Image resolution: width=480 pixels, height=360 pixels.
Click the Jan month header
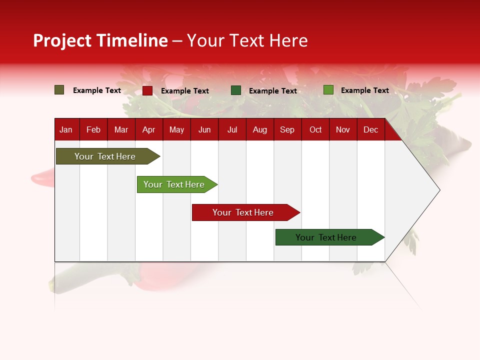66,130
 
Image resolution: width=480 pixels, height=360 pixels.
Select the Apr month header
149,130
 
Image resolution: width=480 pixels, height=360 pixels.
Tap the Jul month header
232,130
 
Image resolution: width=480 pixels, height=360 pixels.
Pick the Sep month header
287,130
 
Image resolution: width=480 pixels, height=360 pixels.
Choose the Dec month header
370,130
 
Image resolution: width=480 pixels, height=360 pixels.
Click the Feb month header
93,130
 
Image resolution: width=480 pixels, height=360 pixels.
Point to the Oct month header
315,130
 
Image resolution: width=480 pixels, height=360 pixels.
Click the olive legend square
59,90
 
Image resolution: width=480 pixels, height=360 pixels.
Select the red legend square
147,90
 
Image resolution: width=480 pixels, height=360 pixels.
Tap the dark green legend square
236,90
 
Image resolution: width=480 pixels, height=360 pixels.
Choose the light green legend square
328,90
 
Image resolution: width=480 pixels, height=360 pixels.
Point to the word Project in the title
62,40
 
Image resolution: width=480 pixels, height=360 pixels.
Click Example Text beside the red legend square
185,91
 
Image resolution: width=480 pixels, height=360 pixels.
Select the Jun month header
204,130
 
